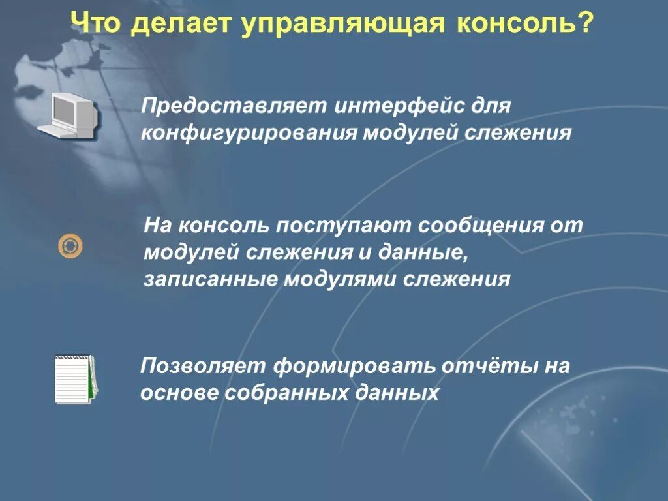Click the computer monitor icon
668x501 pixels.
click(68, 115)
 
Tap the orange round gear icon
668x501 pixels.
click(70, 246)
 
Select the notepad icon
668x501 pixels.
click(75, 379)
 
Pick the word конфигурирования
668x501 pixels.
click(249, 134)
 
